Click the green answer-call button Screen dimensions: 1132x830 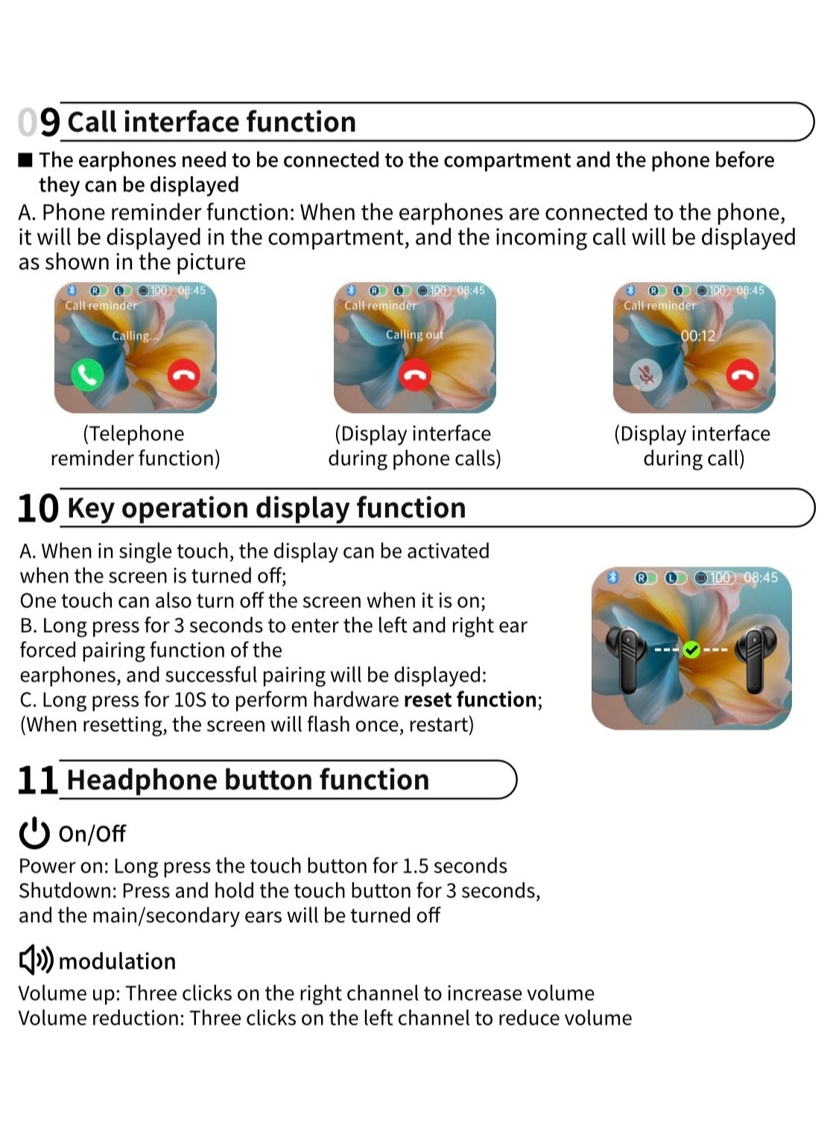87,375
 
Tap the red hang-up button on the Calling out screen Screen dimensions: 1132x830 415,375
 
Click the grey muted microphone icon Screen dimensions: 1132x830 646,375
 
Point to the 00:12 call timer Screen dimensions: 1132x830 697,336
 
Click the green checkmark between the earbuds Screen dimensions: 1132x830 691,650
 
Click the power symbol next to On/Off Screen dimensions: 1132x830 34,833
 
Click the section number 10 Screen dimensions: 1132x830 37,508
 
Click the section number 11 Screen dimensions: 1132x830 37,780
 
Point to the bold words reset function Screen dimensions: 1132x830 470,700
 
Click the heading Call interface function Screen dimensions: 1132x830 212,122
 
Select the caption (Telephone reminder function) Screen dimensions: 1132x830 135,446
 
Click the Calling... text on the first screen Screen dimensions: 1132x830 135,336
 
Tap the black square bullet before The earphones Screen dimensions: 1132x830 26,160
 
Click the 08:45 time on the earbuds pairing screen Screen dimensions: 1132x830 761,578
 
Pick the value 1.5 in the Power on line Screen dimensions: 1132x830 415,866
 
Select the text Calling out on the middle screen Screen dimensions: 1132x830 414,335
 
